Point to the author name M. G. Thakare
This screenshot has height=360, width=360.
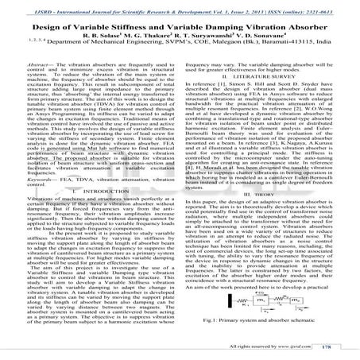156,37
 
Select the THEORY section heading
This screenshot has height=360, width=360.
265,215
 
